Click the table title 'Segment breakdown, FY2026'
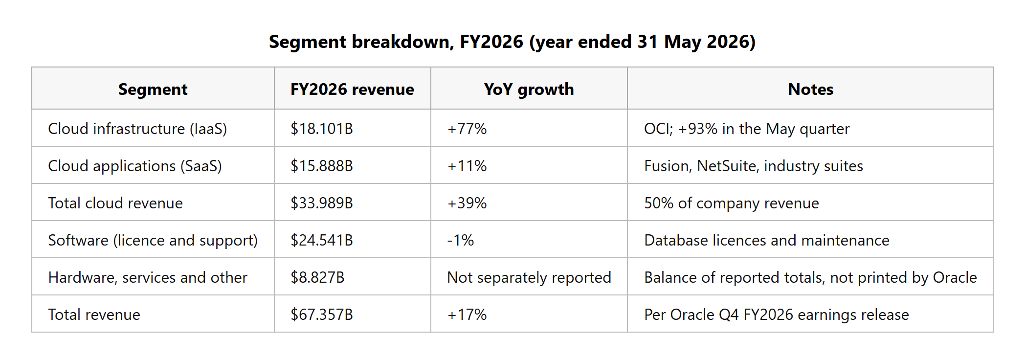(396, 42)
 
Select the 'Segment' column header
(153, 89)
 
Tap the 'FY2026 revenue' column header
(352, 89)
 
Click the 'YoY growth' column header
(529, 89)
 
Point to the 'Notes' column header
(810, 89)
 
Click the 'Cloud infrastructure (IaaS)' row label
(137, 129)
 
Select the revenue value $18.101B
(321, 129)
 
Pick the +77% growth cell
(467, 129)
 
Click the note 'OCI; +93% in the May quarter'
(747, 129)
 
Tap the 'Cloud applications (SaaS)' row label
(135, 166)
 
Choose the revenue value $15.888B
(321, 166)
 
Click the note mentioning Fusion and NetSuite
(754, 166)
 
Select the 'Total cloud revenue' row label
(115, 203)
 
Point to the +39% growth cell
(467, 203)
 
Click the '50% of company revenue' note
(732, 203)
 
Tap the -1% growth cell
(460, 240)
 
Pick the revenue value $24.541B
(321, 240)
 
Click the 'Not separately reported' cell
(529, 277)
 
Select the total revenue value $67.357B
(321, 315)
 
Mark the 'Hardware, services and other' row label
(148, 277)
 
